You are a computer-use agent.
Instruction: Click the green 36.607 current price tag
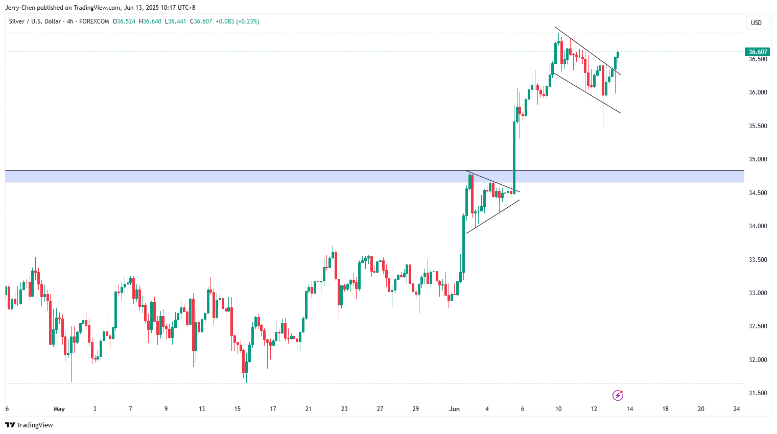pyautogui.click(x=758, y=52)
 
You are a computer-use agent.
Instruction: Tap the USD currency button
pyautogui.click(x=756, y=23)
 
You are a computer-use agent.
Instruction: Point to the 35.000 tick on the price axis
pyautogui.click(x=758, y=159)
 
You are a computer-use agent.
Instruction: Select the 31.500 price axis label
pyautogui.click(x=758, y=393)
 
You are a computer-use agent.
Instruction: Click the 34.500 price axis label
pyautogui.click(x=758, y=193)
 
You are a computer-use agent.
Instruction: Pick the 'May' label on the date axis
pyautogui.click(x=59, y=409)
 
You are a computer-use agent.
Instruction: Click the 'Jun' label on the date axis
pyautogui.click(x=454, y=409)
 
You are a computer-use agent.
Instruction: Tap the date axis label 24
pyautogui.click(x=737, y=409)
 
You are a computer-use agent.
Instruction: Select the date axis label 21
pyautogui.click(x=309, y=409)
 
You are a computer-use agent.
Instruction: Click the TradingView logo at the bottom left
pyautogui.click(x=29, y=425)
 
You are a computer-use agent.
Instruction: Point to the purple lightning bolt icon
pyautogui.click(x=618, y=395)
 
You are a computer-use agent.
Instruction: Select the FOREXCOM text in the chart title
pyautogui.click(x=94, y=21)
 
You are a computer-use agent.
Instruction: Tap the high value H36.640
pyautogui.click(x=150, y=21)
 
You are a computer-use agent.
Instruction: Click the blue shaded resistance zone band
pyautogui.click(x=255, y=176)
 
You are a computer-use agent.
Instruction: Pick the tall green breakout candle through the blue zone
pyautogui.click(x=514, y=153)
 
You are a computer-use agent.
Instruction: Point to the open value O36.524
pyautogui.click(x=124, y=21)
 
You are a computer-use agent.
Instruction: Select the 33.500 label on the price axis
pyautogui.click(x=758, y=260)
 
